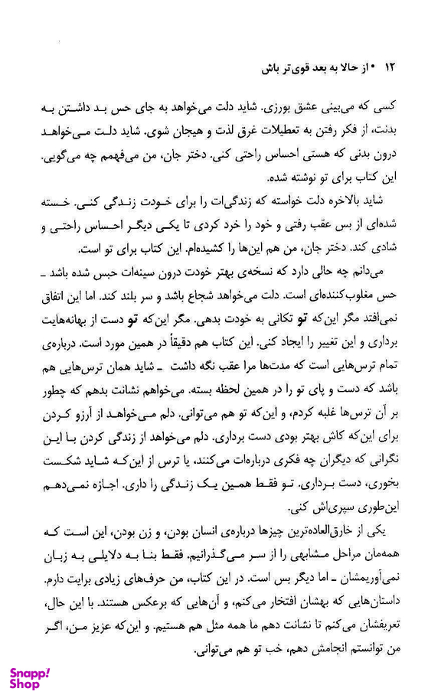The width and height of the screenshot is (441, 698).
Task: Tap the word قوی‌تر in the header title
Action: click(x=301, y=69)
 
